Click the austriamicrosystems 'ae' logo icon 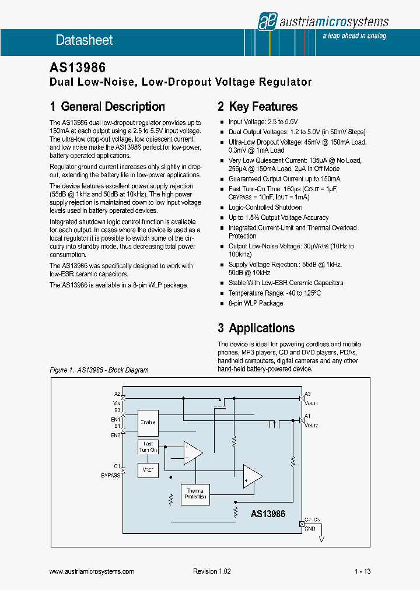[267, 22]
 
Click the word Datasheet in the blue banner [84, 40]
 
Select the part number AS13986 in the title [78, 68]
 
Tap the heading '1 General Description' [107, 107]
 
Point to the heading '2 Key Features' [257, 107]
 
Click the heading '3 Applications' [256, 328]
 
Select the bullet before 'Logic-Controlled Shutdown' [222, 208]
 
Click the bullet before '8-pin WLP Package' [222, 304]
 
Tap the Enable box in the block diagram [148, 422]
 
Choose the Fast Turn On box [148, 447]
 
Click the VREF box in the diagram [148, 469]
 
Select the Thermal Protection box [195, 494]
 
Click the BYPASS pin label [110, 475]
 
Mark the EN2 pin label [116, 435]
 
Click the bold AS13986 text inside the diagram [268, 514]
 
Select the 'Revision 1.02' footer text [212, 572]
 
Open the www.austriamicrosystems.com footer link [92, 572]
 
